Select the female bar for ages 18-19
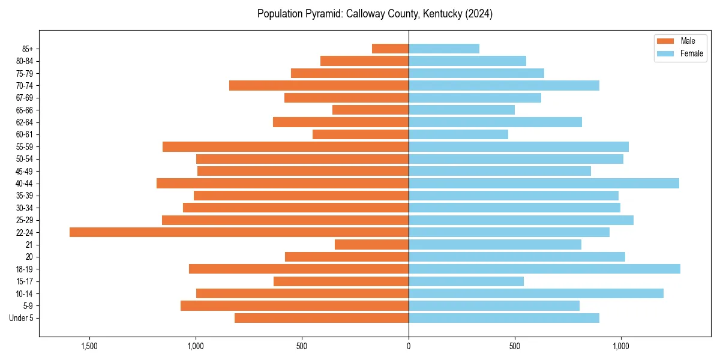544,269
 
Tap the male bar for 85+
390,49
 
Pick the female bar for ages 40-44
544,183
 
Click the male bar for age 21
371,244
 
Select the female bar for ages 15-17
466,281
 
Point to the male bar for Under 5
322,317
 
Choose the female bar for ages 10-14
536,293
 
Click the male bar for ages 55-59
286,146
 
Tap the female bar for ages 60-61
458,134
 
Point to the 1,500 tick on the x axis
89,346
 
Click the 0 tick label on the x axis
409,346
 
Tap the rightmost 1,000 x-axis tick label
621,346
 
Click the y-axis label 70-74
24,85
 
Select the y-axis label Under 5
21,318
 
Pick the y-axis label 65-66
24,110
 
